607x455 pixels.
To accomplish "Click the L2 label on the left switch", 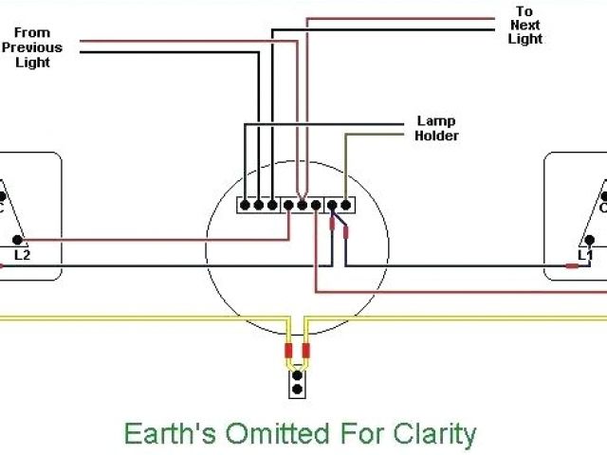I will click(22, 254).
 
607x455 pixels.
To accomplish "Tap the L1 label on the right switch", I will click(585, 254).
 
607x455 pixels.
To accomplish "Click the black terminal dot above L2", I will click(17, 239).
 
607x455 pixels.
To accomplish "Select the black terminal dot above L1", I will click(591, 240).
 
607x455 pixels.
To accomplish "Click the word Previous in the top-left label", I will click(31, 47).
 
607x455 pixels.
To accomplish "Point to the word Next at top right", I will click(525, 26).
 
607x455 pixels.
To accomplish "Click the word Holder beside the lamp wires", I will click(436, 136).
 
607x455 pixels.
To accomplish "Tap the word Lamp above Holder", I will click(436, 121).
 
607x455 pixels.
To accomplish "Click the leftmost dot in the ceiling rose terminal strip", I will click(246, 204).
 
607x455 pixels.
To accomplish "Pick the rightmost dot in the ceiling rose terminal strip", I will click(347, 204).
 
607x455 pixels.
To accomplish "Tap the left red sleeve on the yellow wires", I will click(289, 352).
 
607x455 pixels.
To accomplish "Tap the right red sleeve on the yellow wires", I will click(305, 352).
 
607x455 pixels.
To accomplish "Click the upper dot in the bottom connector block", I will click(298, 375).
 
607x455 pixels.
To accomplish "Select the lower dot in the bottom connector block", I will click(298, 389).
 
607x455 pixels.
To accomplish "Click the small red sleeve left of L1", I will click(572, 266).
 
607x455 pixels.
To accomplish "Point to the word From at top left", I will click(31, 33).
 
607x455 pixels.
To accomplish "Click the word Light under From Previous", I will click(32, 63).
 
